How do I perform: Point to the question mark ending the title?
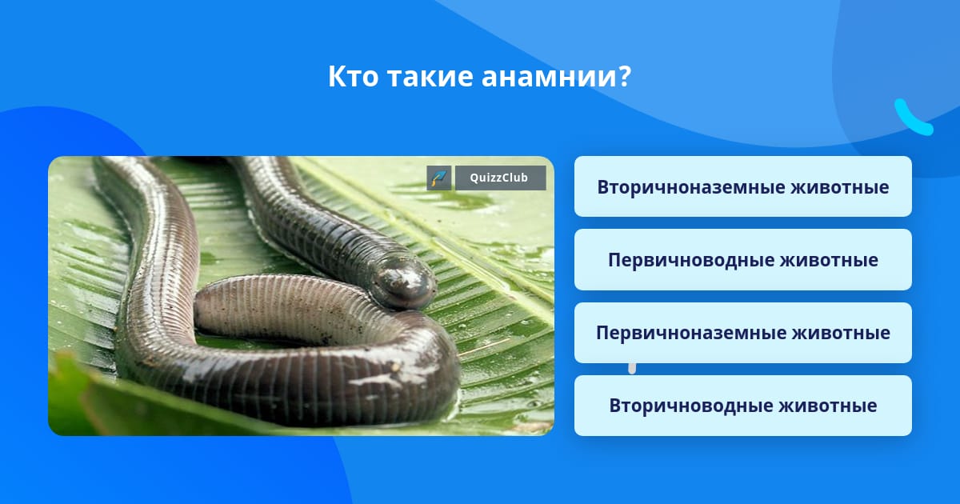(625, 77)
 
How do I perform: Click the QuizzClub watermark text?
(500, 178)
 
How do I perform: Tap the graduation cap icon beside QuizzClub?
(439, 178)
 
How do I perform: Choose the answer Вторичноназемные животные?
(742, 187)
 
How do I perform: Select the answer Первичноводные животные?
(742, 260)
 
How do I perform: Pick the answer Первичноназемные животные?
(742, 333)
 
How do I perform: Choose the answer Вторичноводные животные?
(742, 406)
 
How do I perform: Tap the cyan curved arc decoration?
(912, 118)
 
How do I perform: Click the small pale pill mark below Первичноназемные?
(632, 368)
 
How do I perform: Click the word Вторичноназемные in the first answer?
(691, 187)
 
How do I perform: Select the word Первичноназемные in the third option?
(691, 333)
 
